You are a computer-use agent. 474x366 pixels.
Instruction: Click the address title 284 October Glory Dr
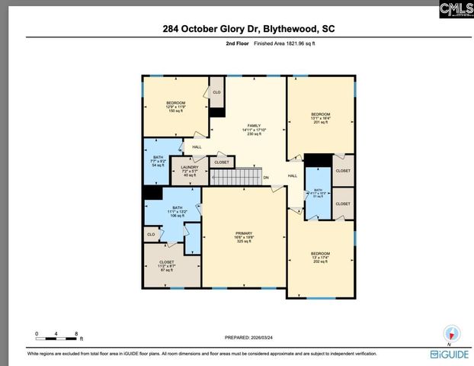(248, 29)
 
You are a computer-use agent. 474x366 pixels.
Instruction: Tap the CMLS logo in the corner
(456, 9)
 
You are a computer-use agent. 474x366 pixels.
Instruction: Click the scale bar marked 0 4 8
(58, 333)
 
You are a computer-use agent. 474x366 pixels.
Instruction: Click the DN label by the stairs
(267, 178)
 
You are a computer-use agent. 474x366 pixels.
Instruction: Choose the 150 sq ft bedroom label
(175, 106)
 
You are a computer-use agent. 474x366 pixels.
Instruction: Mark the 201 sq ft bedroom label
(320, 118)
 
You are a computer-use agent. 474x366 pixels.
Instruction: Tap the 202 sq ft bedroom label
(321, 257)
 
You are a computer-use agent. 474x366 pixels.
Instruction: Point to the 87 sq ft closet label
(166, 266)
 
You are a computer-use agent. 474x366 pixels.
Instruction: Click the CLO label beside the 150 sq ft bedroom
(216, 92)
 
